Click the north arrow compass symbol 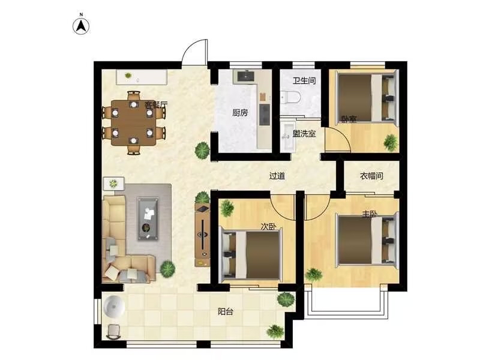pyautogui.click(x=81, y=26)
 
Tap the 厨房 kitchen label pyautogui.click(x=239, y=113)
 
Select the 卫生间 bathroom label pyautogui.click(x=304, y=80)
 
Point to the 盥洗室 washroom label pyautogui.click(x=304, y=133)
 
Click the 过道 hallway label pyautogui.click(x=277, y=176)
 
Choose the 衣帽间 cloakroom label pyautogui.click(x=371, y=176)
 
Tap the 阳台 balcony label pyautogui.click(x=226, y=311)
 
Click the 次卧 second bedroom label pyautogui.click(x=268, y=227)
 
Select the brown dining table pyautogui.click(x=133, y=123)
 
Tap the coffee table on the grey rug pyautogui.click(x=148, y=218)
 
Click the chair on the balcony pyautogui.click(x=114, y=332)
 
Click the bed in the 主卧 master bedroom pyautogui.click(x=367, y=239)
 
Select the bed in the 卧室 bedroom pyautogui.click(x=367, y=97)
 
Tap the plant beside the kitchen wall pyautogui.click(x=202, y=151)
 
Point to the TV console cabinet pyautogui.click(x=202, y=235)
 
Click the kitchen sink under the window pyautogui.click(x=245, y=76)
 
